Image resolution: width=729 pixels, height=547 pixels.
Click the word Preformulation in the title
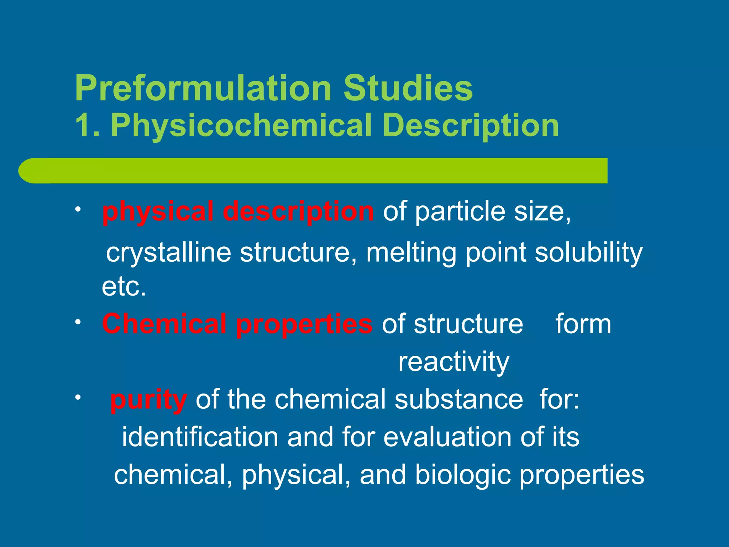click(203, 89)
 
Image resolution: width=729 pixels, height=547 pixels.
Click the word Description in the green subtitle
click(471, 126)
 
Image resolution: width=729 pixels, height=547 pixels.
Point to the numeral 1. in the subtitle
click(86, 126)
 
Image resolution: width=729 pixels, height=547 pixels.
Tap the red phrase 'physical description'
click(238, 212)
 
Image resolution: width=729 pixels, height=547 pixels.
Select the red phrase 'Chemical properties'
click(237, 324)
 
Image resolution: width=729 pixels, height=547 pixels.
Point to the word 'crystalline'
click(169, 252)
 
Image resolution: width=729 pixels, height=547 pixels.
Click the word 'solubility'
click(589, 252)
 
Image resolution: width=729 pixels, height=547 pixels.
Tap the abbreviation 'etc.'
click(124, 287)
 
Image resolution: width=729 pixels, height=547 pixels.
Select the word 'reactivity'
click(453, 362)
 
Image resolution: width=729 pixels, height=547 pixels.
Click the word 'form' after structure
click(583, 324)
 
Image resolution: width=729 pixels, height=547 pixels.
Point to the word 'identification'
click(200, 437)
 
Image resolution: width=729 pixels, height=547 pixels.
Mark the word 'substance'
click(459, 399)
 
